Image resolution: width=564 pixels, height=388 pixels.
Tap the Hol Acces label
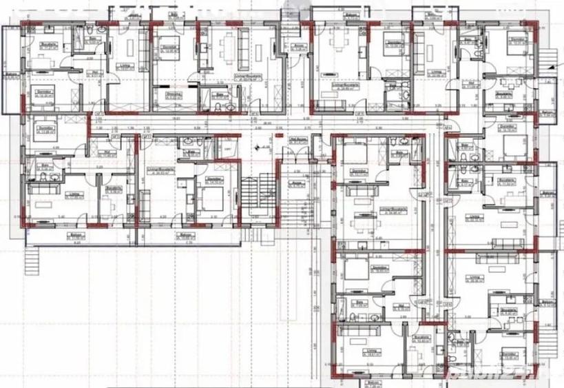297,139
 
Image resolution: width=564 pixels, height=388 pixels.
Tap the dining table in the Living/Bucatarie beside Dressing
227,50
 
